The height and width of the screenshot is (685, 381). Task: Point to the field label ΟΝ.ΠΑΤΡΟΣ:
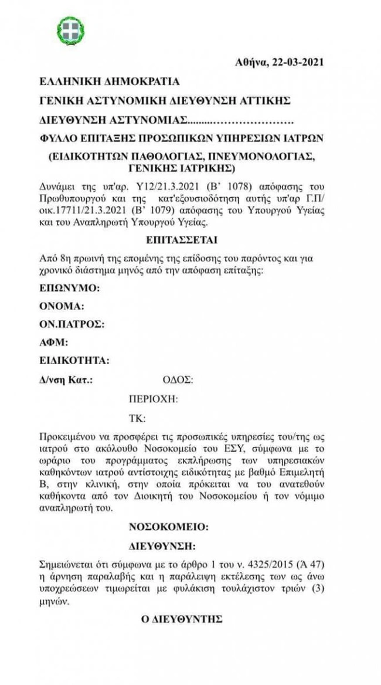pos(72,324)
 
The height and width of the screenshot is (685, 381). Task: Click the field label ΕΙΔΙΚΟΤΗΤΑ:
pos(74,360)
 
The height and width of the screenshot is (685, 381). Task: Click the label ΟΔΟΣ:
pos(176,379)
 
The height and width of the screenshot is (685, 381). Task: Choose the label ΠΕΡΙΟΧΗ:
pos(154,399)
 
